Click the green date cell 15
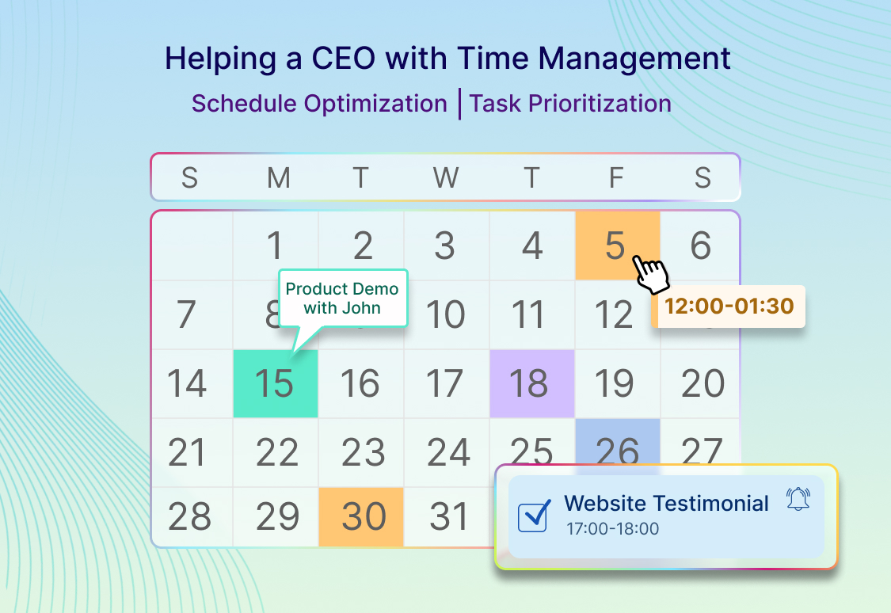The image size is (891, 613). pos(276,383)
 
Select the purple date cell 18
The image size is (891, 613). pos(532,383)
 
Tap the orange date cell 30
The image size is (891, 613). pos(361,516)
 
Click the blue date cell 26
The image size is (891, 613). pos(618,442)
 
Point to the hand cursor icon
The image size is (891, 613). pos(651,275)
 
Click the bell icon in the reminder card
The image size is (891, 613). pos(798,499)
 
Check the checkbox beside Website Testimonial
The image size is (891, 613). pos(534,516)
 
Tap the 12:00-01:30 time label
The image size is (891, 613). pos(729,306)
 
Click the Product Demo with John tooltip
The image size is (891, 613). pos(343,299)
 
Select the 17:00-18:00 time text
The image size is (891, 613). pos(612,529)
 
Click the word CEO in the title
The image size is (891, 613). pos(343,58)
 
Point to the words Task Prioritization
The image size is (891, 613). pos(570,104)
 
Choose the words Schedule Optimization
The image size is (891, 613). pos(319,104)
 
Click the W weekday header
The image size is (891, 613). pos(446,178)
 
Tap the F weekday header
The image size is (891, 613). pos(616,178)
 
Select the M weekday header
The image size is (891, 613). pos(279,178)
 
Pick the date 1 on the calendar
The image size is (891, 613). pos(275,246)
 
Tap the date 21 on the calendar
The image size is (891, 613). pos(186,453)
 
